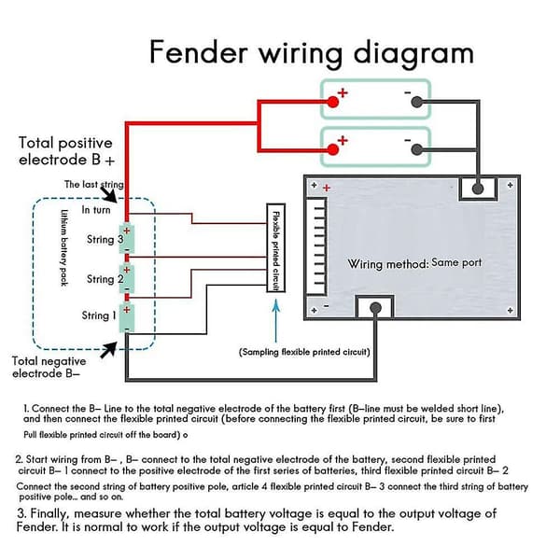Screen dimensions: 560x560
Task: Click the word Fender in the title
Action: pos(199,52)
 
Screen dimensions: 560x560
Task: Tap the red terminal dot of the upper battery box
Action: pos(333,102)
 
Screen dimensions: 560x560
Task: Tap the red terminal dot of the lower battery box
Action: pos(333,149)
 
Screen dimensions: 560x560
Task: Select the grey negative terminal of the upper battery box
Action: pos(416,102)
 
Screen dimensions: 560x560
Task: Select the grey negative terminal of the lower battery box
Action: pos(416,149)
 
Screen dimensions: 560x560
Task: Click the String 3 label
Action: pos(105,239)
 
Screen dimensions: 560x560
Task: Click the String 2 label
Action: pos(105,279)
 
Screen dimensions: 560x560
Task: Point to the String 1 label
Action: pos(99,315)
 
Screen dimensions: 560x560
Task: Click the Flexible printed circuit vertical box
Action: pos(275,248)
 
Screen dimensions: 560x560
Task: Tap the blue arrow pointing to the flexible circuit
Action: pos(275,320)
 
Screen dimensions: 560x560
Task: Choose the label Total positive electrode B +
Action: pos(66,151)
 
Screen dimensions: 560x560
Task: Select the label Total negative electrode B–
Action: pos(49,367)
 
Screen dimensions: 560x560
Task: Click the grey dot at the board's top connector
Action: pos(478,189)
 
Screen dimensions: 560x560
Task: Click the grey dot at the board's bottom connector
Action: pos(375,307)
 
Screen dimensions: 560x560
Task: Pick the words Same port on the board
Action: pos(456,262)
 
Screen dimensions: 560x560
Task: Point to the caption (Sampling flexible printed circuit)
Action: pos(304,352)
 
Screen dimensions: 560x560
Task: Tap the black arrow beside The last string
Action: pos(108,194)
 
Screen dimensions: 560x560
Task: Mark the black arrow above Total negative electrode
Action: pos(108,350)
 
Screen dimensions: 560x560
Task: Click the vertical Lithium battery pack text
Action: pos(63,247)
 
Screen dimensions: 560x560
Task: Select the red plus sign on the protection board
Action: pos(327,188)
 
